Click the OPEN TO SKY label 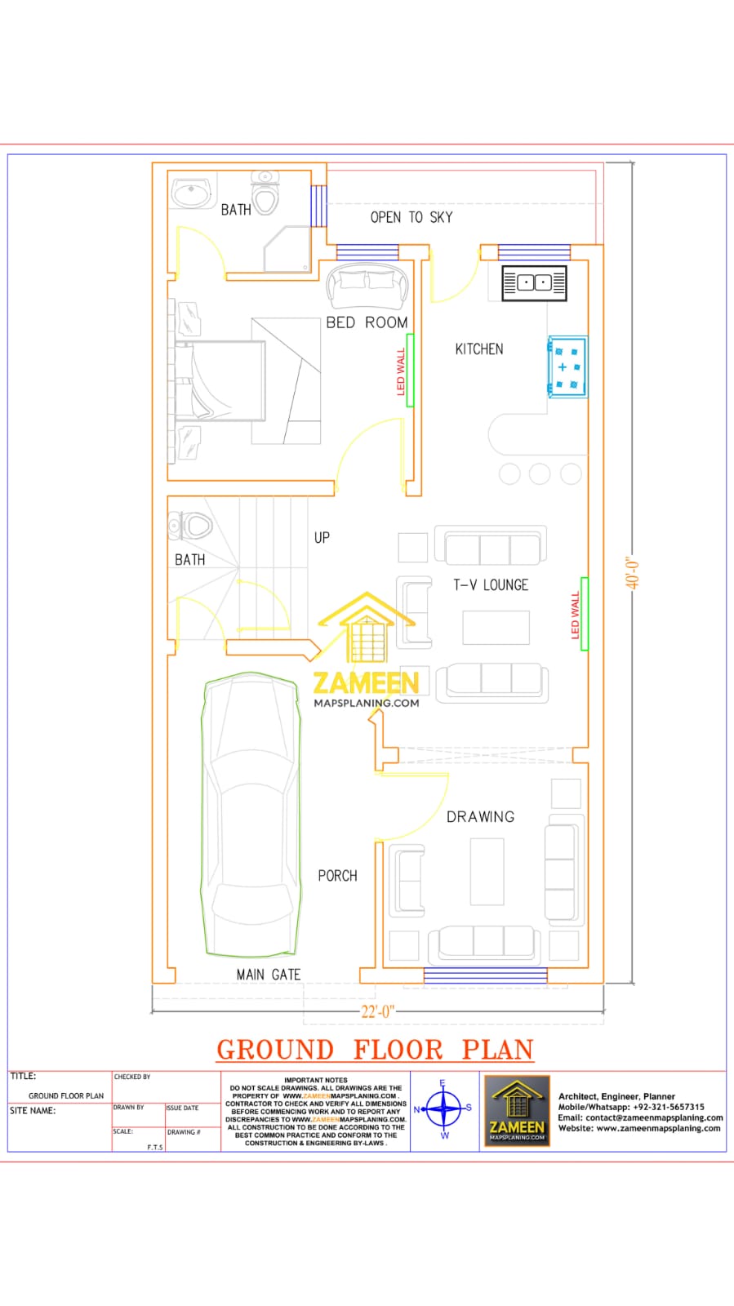click(411, 217)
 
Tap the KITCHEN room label click(479, 349)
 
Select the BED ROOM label click(367, 322)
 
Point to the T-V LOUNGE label click(491, 585)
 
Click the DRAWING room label click(480, 817)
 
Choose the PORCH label click(337, 876)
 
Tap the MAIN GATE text click(268, 975)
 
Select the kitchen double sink click(534, 283)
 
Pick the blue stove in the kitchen click(567, 366)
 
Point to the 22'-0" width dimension click(377, 1011)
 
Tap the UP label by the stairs click(322, 538)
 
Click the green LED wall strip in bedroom click(410, 370)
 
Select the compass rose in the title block click(443, 1108)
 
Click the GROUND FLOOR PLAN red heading click(375, 1050)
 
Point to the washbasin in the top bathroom click(192, 194)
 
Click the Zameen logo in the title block click(517, 1110)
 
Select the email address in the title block click(640, 1117)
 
